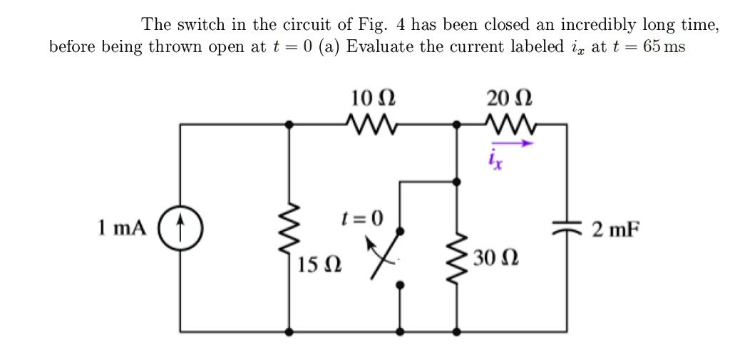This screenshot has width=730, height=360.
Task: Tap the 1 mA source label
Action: tap(121, 228)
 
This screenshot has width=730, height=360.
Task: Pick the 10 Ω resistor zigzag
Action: tap(373, 123)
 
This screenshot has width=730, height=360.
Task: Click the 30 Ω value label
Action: tap(495, 257)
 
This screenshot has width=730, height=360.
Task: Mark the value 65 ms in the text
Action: tap(662, 48)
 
